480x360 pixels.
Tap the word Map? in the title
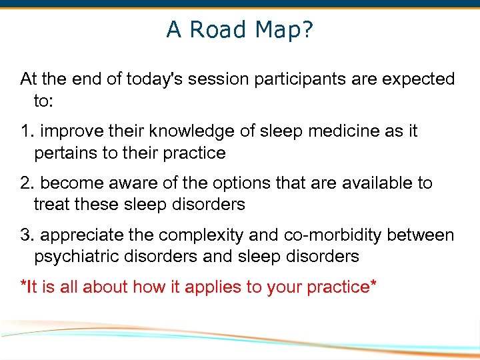point(283,29)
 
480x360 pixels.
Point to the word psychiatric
point(75,256)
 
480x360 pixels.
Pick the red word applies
point(210,287)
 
